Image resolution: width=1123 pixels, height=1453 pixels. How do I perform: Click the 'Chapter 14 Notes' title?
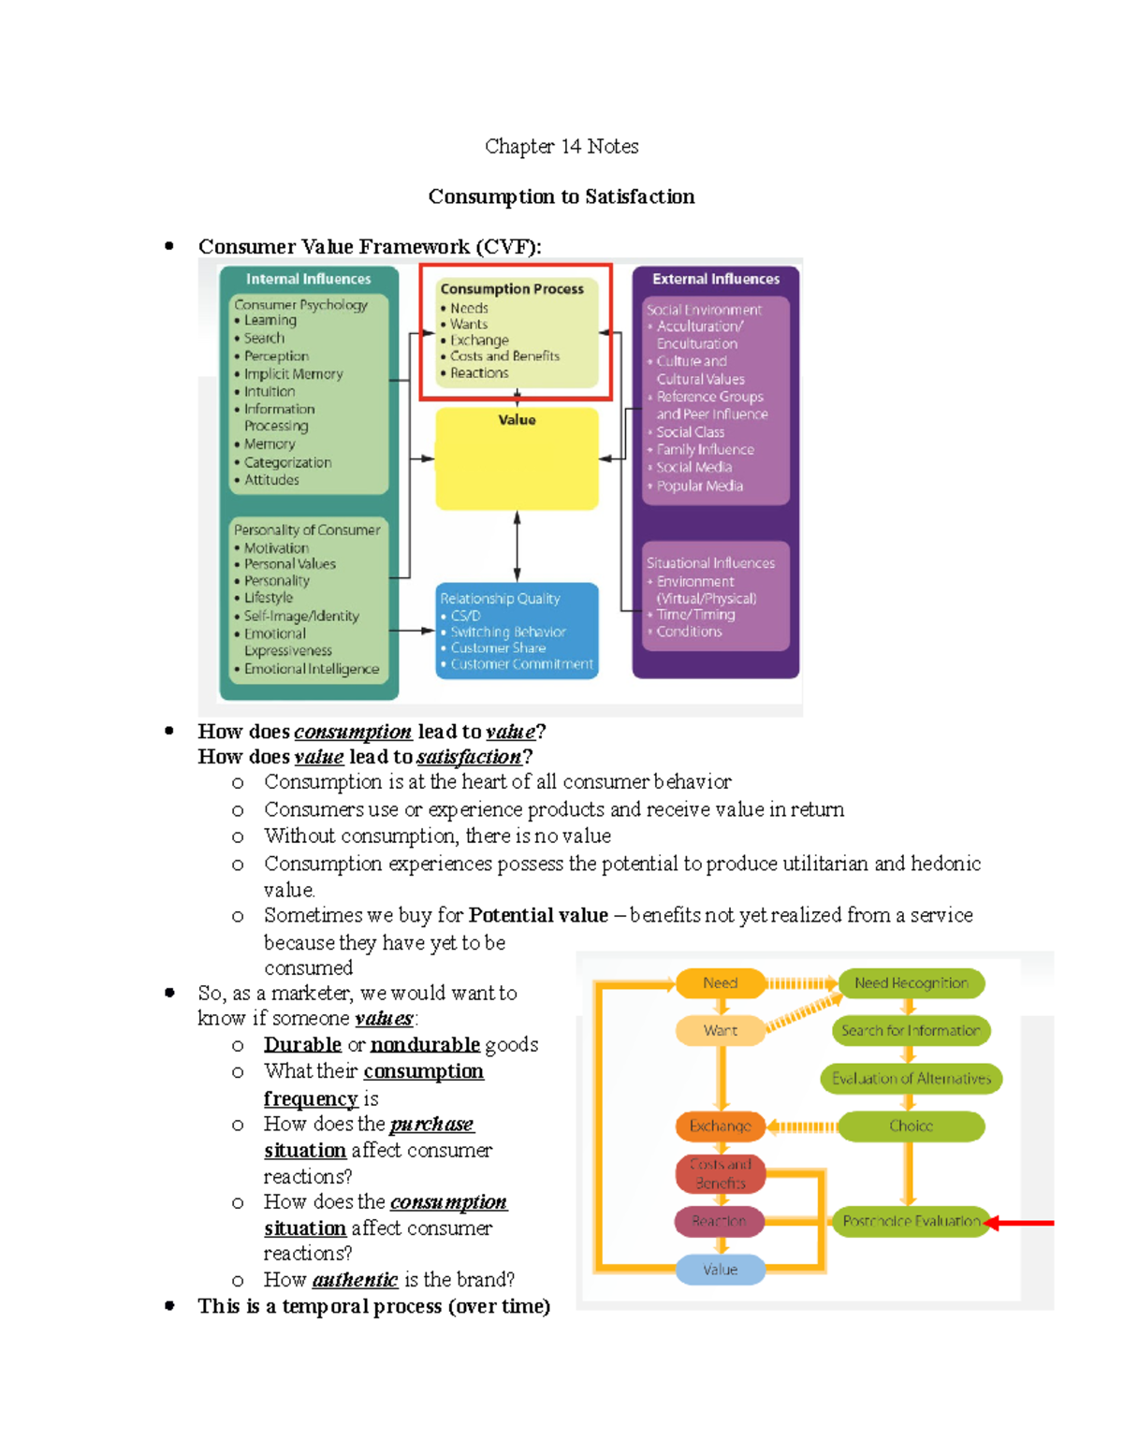[x=561, y=146]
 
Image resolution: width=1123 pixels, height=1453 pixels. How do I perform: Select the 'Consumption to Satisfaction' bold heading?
[x=561, y=196]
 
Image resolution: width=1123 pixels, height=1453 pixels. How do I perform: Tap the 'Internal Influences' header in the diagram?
[x=308, y=279]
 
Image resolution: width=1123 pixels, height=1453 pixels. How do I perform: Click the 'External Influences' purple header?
[x=716, y=279]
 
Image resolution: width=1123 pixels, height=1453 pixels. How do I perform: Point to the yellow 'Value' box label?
[x=517, y=420]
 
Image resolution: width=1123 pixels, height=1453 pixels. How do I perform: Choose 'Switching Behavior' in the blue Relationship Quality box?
[x=508, y=632]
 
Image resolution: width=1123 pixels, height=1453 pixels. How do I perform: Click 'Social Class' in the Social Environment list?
[x=690, y=432]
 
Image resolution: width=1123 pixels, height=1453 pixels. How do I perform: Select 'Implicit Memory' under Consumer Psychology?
[x=293, y=373]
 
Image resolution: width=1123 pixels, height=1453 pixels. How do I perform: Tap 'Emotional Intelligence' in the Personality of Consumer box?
[x=312, y=669]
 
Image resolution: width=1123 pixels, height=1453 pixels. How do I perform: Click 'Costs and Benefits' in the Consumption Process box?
[x=504, y=356]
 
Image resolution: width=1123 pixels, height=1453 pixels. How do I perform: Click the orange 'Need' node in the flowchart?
[x=720, y=983]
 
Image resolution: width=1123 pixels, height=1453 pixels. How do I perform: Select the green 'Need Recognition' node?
[x=911, y=983]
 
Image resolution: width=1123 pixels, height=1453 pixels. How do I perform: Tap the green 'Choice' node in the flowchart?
[x=911, y=1126]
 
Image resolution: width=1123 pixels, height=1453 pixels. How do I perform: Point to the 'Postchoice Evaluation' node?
[x=911, y=1221]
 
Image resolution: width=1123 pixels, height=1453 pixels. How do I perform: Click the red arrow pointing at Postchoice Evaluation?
[x=1025, y=1223]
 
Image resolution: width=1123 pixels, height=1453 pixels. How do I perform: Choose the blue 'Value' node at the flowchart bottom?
[x=720, y=1270]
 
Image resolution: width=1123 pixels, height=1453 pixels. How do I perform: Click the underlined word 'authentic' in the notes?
[x=355, y=1280]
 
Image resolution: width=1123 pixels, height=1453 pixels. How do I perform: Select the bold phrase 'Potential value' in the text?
[x=538, y=915]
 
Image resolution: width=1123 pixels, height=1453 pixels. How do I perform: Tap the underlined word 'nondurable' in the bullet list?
[x=425, y=1044]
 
